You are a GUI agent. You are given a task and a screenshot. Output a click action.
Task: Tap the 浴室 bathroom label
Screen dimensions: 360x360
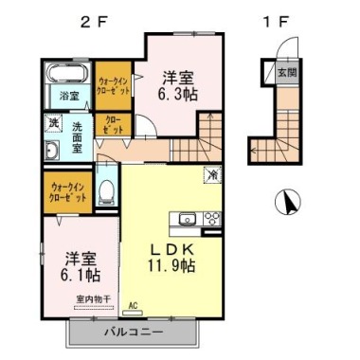[68, 96]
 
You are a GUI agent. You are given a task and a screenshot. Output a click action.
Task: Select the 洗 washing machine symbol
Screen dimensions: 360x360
[53, 123]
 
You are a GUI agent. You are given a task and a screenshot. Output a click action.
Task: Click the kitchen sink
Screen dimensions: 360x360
[186, 216]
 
